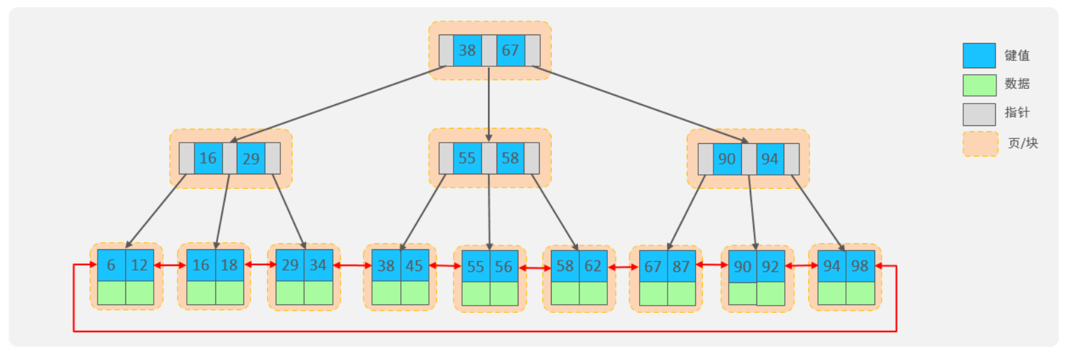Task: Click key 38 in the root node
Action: click(467, 50)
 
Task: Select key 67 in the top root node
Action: click(510, 50)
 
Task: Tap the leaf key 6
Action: click(111, 265)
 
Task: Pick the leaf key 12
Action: click(140, 265)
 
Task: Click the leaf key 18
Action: click(229, 265)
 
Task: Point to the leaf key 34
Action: click(318, 265)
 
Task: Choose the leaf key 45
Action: click(414, 266)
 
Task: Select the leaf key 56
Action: click(504, 267)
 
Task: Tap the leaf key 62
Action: click(593, 266)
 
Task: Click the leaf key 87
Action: click(682, 267)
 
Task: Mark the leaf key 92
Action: click(770, 267)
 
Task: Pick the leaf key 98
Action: click(860, 266)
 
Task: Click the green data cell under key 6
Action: click(111, 292)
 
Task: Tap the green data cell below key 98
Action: click(860, 293)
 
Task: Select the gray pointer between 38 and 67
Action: click(489, 50)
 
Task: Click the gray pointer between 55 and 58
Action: click(489, 158)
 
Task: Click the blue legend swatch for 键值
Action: click(979, 56)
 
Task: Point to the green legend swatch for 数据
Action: click(979, 85)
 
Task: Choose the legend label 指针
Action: click(1017, 113)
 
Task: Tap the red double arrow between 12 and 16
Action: click(170, 265)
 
